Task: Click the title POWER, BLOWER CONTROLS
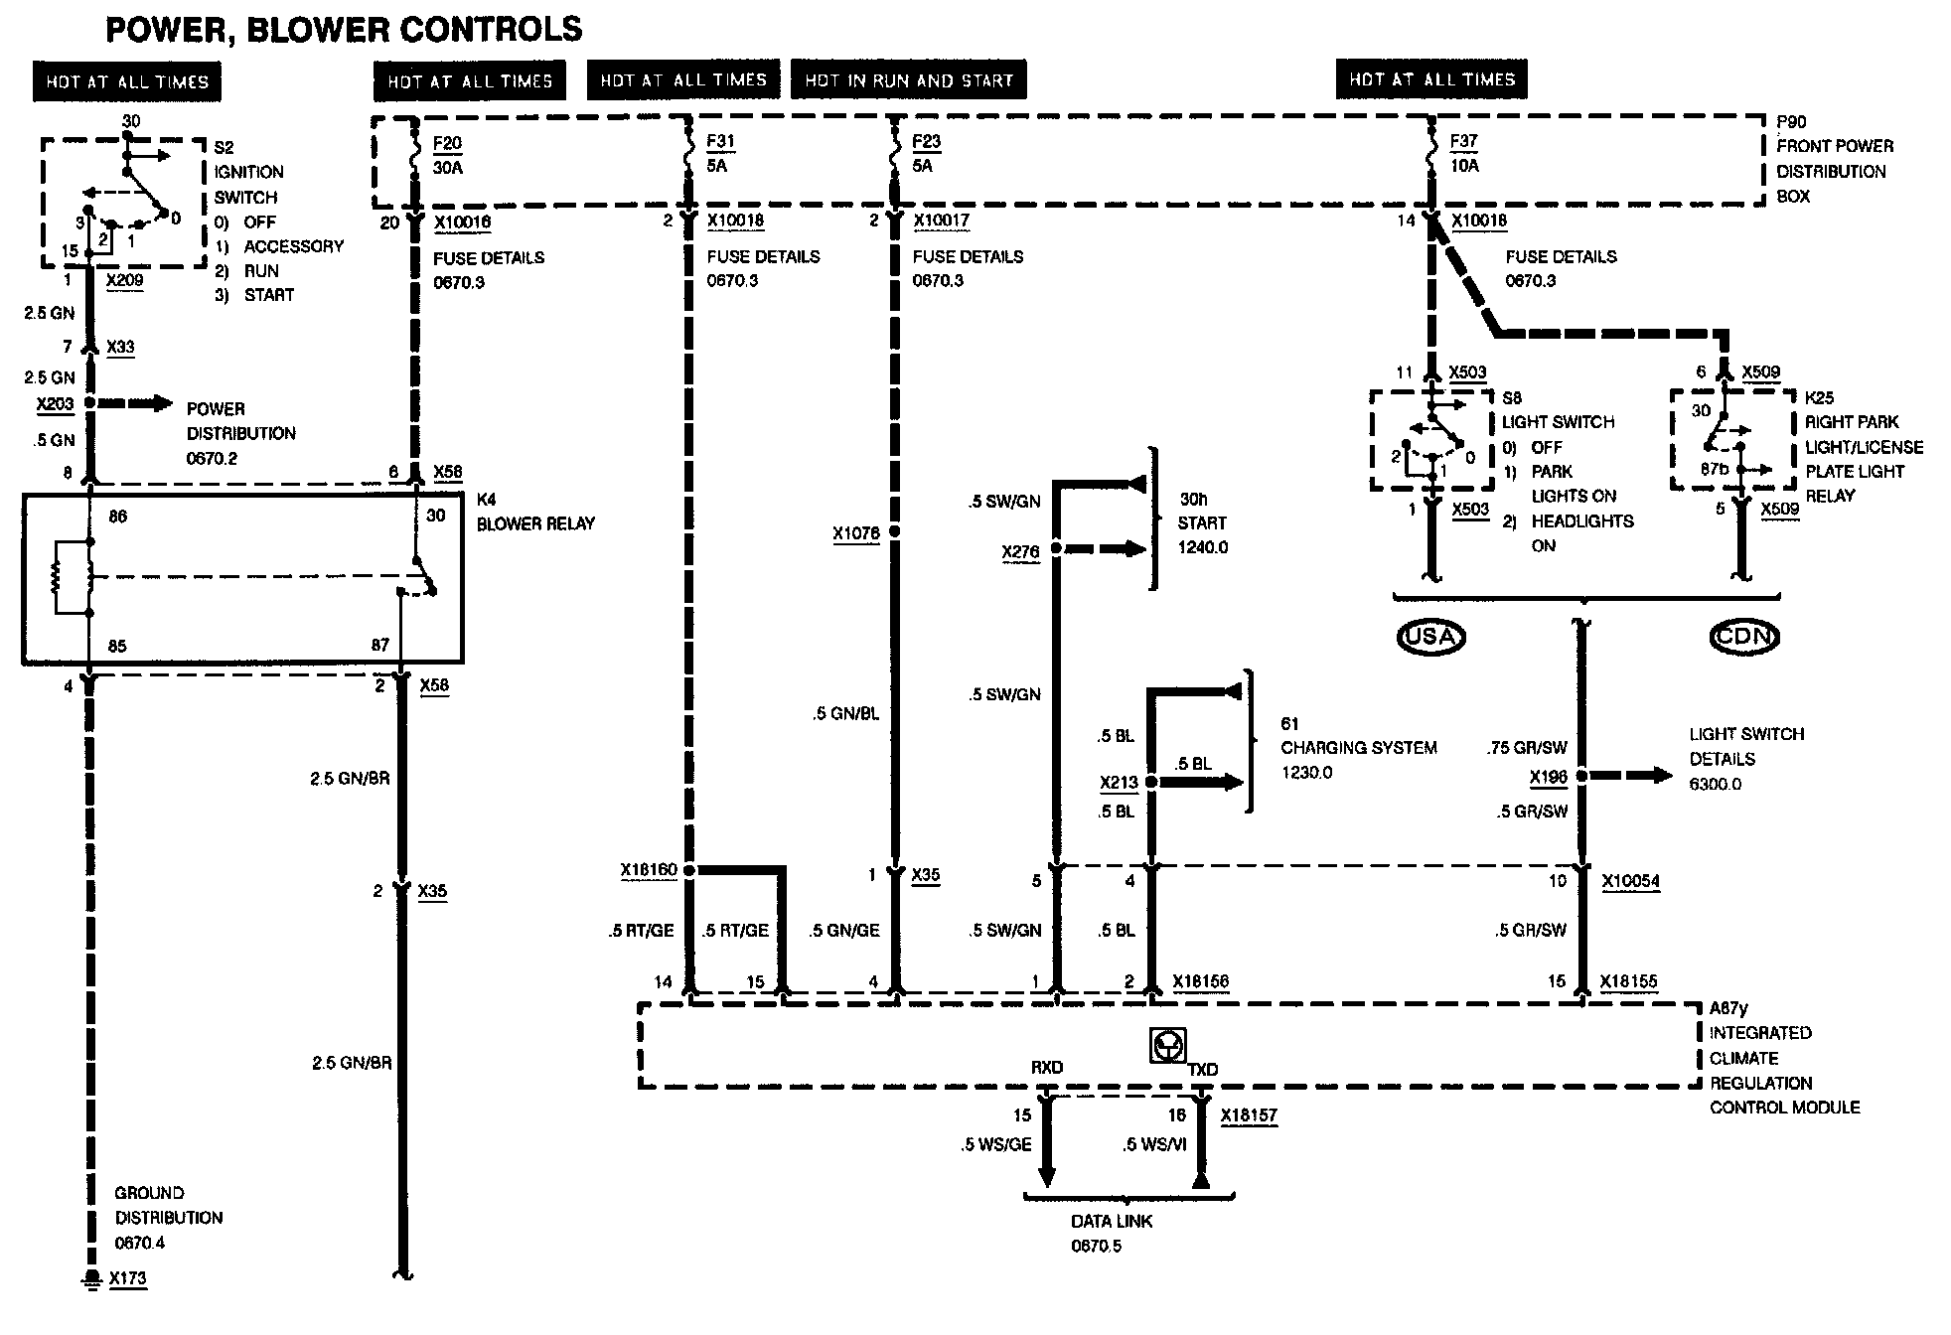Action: click(344, 30)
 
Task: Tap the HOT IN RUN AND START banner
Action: click(909, 80)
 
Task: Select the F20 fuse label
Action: click(448, 144)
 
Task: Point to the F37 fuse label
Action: click(1464, 142)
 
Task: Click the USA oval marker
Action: click(1430, 637)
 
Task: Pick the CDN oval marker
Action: click(1744, 637)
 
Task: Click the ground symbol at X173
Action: click(91, 1278)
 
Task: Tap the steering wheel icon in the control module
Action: click(1167, 1046)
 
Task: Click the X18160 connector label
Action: click(649, 871)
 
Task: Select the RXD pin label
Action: click(1047, 1068)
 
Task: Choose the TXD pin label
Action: click(1203, 1070)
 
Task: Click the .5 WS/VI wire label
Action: click(1155, 1145)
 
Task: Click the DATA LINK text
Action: click(1112, 1222)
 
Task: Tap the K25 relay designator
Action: click(1820, 397)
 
